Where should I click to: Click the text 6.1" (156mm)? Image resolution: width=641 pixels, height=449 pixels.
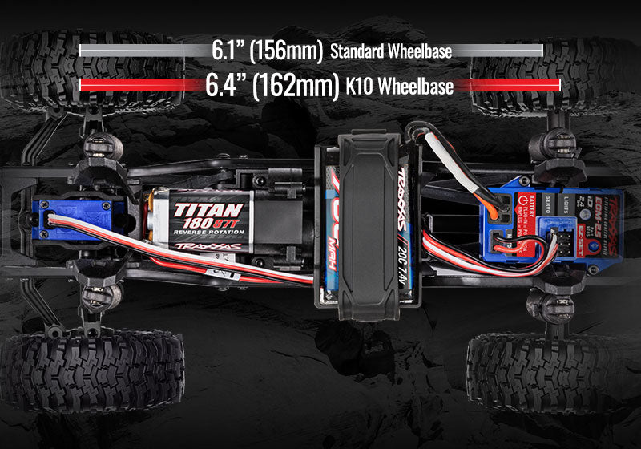click(268, 50)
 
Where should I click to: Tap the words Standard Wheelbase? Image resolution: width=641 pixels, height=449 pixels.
click(391, 52)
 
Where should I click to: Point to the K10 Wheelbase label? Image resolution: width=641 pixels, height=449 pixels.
click(400, 86)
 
